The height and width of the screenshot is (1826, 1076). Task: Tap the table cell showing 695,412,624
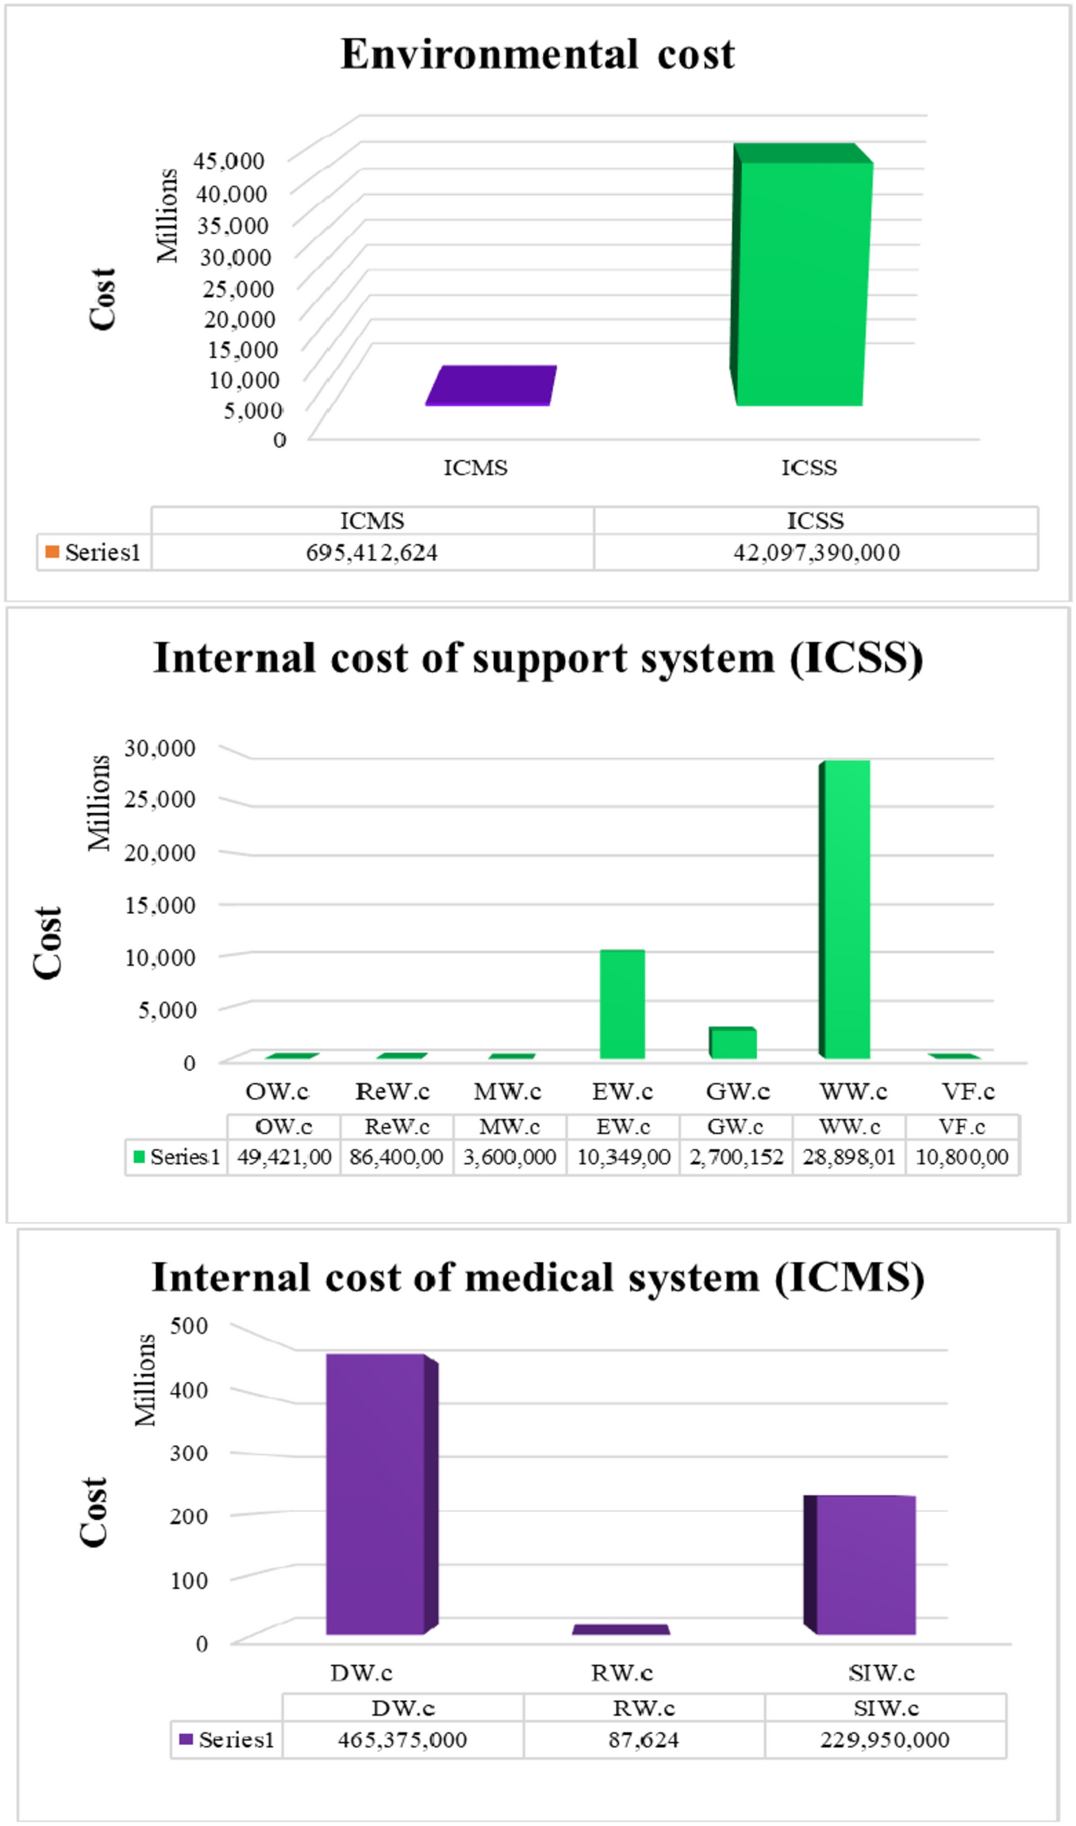pos(372,552)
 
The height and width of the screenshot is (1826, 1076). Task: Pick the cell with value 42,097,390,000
pos(816,552)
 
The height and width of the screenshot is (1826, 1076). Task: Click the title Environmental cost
pos(537,55)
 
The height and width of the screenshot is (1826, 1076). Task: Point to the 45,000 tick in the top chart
pos(229,161)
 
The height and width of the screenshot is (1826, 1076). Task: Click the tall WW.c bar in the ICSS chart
pos(847,908)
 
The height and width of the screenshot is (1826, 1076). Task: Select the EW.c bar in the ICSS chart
pos(622,1003)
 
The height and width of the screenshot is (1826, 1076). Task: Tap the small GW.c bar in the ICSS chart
pos(734,1042)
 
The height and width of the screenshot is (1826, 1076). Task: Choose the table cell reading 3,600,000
pos(509,1157)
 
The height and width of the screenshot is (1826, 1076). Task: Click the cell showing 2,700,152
pos(736,1157)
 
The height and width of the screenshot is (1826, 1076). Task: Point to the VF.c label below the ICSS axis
pos(968,1091)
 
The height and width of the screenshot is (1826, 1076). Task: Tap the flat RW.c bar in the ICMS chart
pos(621,1629)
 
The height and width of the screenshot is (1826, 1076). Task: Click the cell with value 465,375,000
pos(402,1740)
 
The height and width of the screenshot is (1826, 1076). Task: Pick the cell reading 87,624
pos(644,1740)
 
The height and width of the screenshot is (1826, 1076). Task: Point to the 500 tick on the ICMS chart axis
pos(189,1325)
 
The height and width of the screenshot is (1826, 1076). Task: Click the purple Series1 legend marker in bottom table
pos(186,1739)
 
